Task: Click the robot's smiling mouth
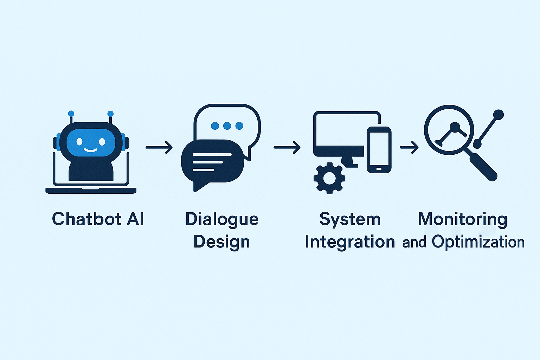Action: (91, 150)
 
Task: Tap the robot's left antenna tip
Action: (71, 114)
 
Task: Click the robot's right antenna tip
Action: (110, 114)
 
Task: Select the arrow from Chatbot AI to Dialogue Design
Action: (159, 147)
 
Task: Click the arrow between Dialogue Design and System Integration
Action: (287, 147)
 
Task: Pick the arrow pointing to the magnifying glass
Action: (409, 147)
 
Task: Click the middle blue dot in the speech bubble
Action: (227, 126)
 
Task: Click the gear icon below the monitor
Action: (329, 178)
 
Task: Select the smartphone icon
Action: (379, 150)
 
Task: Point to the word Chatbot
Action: (87, 219)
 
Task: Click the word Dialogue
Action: (222, 219)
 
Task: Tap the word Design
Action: (222, 242)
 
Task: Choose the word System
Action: (350, 219)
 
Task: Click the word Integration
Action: (350, 242)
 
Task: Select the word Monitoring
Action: (463, 219)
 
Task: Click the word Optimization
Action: (478, 242)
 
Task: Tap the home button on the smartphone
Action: (379, 169)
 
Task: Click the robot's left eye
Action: (79, 141)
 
